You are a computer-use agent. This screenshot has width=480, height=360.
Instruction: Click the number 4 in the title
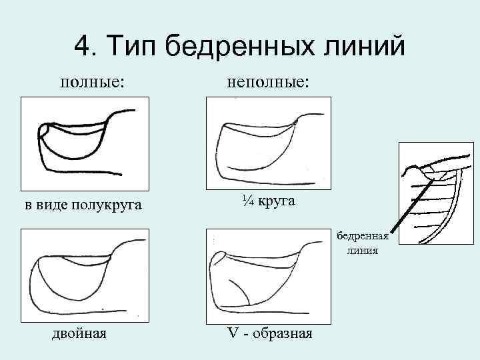tap(83, 46)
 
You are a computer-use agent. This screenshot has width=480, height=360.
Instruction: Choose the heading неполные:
tap(269, 82)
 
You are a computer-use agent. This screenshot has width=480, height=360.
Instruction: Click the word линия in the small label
tap(362, 251)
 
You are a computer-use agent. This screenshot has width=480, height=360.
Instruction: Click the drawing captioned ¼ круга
tap(269, 143)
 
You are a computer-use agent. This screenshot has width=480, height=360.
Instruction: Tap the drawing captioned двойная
tap(81, 276)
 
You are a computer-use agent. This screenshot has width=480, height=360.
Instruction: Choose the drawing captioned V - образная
tap(269, 276)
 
